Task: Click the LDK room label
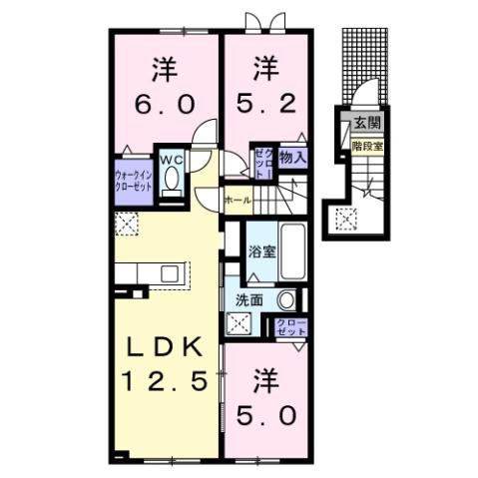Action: coord(165,347)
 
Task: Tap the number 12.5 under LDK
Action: coord(165,381)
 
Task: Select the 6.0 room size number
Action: coord(166,103)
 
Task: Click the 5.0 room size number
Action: coord(265,412)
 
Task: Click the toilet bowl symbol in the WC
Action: coord(172,182)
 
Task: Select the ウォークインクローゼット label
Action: coord(133,181)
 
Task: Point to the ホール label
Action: coord(238,201)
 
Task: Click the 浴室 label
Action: coord(260,253)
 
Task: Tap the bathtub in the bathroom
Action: coord(293,253)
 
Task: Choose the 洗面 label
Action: coord(248,299)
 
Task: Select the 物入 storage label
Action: coord(291,157)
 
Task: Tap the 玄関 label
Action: coord(363,124)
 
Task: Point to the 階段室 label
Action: coord(367,146)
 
